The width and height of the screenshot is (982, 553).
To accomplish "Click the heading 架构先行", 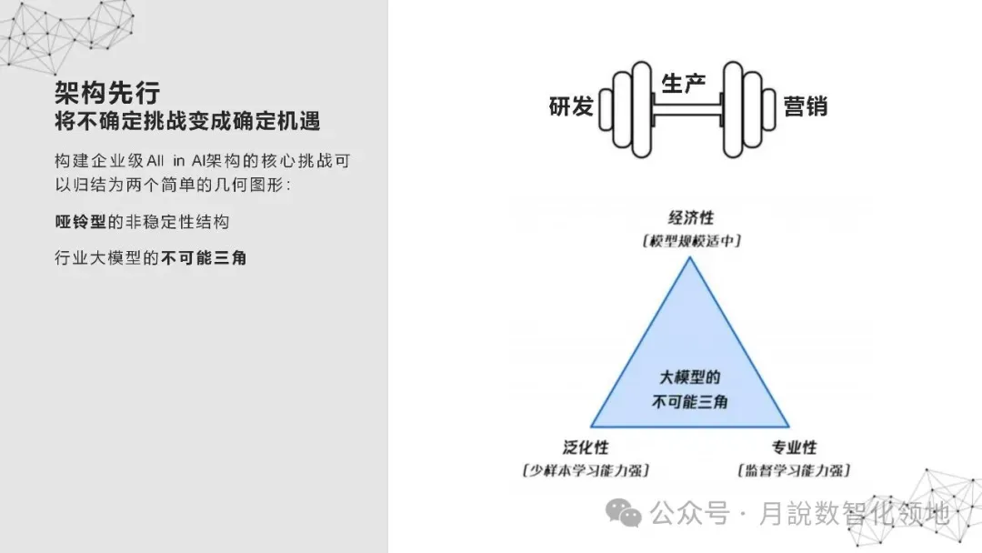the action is [107, 92].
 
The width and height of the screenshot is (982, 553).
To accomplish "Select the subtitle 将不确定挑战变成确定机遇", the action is [187, 121].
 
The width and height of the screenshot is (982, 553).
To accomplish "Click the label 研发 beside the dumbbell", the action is [571, 106].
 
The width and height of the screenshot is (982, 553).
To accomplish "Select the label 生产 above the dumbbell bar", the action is [684, 84].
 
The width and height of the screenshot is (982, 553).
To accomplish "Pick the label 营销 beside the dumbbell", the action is [806, 106].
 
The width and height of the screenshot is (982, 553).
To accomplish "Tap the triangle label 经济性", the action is [691, 218].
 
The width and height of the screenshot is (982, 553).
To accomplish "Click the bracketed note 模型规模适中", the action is [691, 241].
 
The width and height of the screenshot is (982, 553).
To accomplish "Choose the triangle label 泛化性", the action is [586, 447].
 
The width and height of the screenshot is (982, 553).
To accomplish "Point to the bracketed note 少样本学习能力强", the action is [586, 470].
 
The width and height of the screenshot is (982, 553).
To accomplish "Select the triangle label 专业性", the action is [795, 447].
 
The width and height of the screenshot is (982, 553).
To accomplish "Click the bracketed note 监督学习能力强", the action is [795, 470].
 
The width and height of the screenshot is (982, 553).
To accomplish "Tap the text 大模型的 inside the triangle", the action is [690, 377].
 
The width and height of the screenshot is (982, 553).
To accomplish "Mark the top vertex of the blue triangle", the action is [690, 258].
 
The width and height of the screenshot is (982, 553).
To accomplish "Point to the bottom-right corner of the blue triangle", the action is [787, 426].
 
